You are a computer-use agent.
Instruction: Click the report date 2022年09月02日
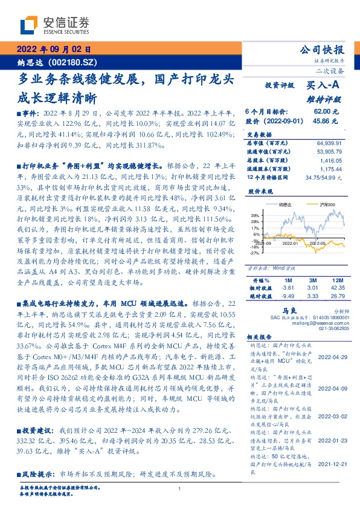53,50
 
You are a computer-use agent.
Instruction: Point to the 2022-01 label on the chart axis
290,242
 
